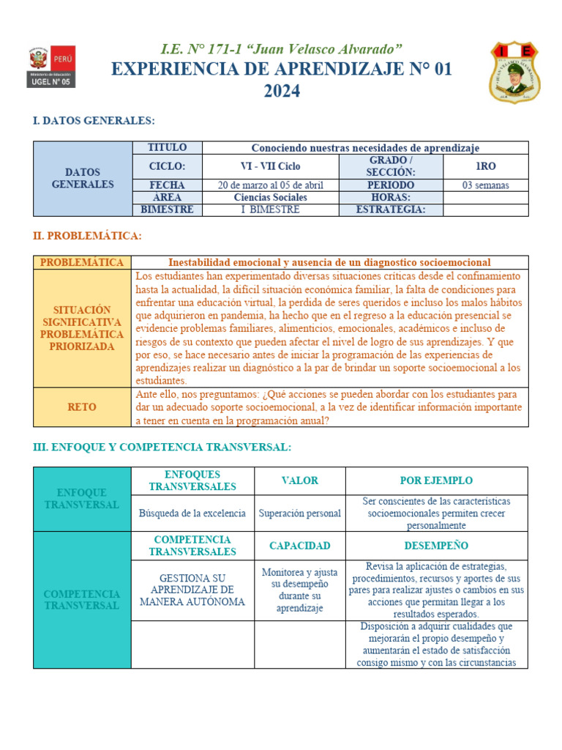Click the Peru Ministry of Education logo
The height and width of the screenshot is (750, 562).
[x=52, y=67]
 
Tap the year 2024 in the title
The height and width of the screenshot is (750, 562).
[x=282, y=92]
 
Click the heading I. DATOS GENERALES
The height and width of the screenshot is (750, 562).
[x=94, y=121]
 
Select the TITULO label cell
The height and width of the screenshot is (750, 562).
[x=167, y=148]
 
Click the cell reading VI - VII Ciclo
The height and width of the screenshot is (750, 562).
[x=270, y=166]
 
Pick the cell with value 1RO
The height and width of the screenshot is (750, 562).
[x=485, y=166]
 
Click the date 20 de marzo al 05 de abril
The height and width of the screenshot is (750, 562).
[x=270, y=185]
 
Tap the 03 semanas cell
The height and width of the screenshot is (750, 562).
[x=485, y=185]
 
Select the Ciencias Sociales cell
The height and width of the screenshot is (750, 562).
[x=270, y=198]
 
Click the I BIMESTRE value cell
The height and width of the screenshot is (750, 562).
[x=270, y=209]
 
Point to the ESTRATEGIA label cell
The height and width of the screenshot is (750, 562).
[x=391, y=209]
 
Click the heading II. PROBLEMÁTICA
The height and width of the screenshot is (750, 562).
[x=87, y=236]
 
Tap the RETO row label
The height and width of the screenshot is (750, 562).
[x=82, y=407]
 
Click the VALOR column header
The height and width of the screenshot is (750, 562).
[x=300, y=480]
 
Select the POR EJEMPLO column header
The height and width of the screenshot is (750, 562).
[x=436, y=480]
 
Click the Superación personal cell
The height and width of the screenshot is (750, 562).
[x=300, y=513]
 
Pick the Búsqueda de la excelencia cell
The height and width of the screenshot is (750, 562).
[x=192, y=513]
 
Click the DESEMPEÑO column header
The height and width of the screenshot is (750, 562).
[x=436, y=546]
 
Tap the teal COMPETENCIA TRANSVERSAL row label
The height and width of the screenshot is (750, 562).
[x=82, y=600]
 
